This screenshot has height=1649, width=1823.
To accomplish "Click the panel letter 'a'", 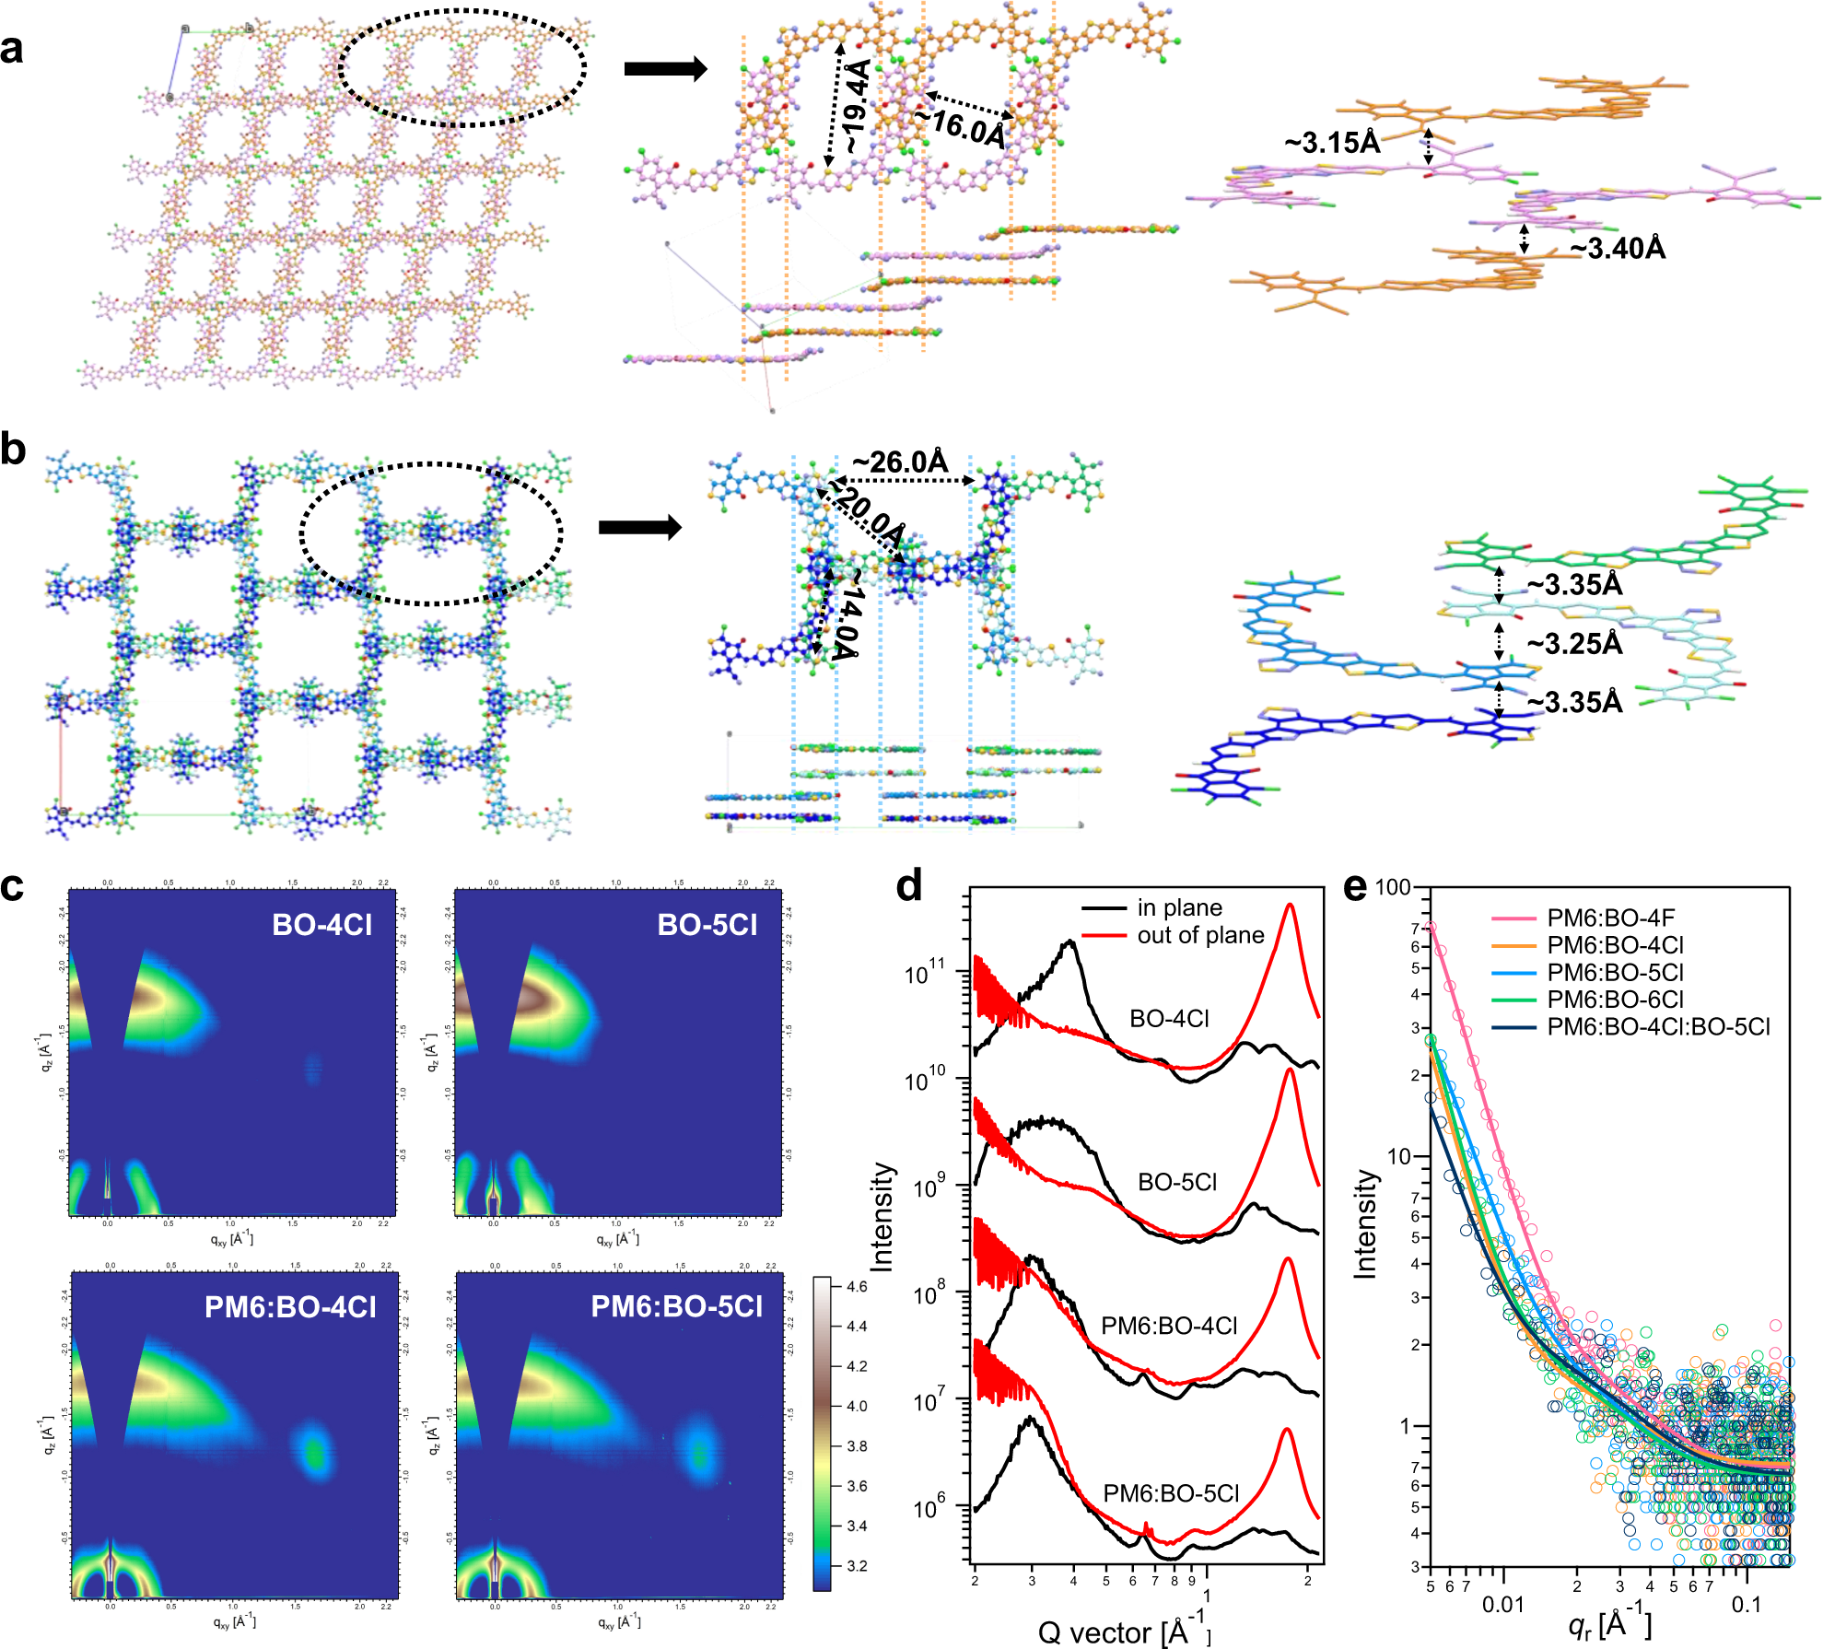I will click(13, 49).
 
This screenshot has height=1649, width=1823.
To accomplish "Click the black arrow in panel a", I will click(665, 68).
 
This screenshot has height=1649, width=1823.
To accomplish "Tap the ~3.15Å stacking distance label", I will click(1332, 143).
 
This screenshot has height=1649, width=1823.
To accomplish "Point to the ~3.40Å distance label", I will click(1618, 249).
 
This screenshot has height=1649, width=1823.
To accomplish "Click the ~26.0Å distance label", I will click(900, 462).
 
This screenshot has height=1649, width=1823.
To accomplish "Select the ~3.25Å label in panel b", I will click(1574, 644).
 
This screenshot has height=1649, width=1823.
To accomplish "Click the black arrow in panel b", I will click(640, 527).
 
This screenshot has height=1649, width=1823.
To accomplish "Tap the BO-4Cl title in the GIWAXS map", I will click(321, 925).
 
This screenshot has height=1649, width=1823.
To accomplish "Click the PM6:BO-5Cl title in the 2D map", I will click(676, 1306).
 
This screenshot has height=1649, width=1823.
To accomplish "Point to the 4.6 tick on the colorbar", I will click(857, 1287).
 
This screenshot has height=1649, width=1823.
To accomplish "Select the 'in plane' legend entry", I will click(1179, 907).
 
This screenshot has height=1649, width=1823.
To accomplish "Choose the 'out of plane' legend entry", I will click(1199, 935).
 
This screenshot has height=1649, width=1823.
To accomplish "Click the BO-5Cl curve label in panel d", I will click(1177, 1182).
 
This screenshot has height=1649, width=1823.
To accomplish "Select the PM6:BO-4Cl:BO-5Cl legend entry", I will click(1658, 1026).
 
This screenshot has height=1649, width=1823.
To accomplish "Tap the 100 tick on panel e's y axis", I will click(1393, 887).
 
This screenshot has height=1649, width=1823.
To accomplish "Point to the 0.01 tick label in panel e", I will click(1502, 1605).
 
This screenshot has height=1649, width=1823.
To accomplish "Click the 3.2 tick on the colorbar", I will click(857, 1565).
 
